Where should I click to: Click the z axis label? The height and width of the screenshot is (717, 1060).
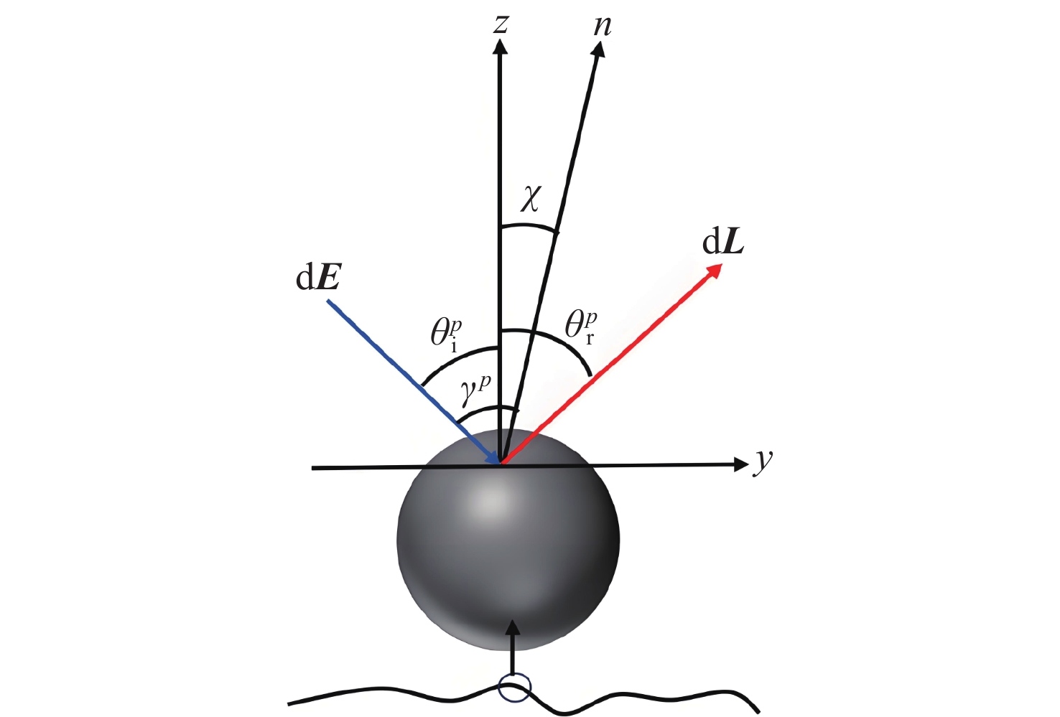coord(501,24)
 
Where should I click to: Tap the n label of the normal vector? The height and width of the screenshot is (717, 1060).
coord(602,26)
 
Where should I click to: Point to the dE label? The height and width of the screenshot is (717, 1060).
coord(317,279)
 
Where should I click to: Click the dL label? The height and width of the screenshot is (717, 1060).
coord(722,243)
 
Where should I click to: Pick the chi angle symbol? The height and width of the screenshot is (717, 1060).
coord(529,199)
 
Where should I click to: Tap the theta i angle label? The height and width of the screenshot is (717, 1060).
coord(446,335)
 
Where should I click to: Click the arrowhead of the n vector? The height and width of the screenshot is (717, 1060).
coord(600,50)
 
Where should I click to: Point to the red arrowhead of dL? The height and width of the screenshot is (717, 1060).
coord(714,272)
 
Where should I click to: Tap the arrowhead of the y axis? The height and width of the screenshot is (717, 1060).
coord(740,465)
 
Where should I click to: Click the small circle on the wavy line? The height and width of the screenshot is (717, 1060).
coord(514,687)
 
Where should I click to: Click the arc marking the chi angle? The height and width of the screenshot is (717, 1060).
coord(529,226)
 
